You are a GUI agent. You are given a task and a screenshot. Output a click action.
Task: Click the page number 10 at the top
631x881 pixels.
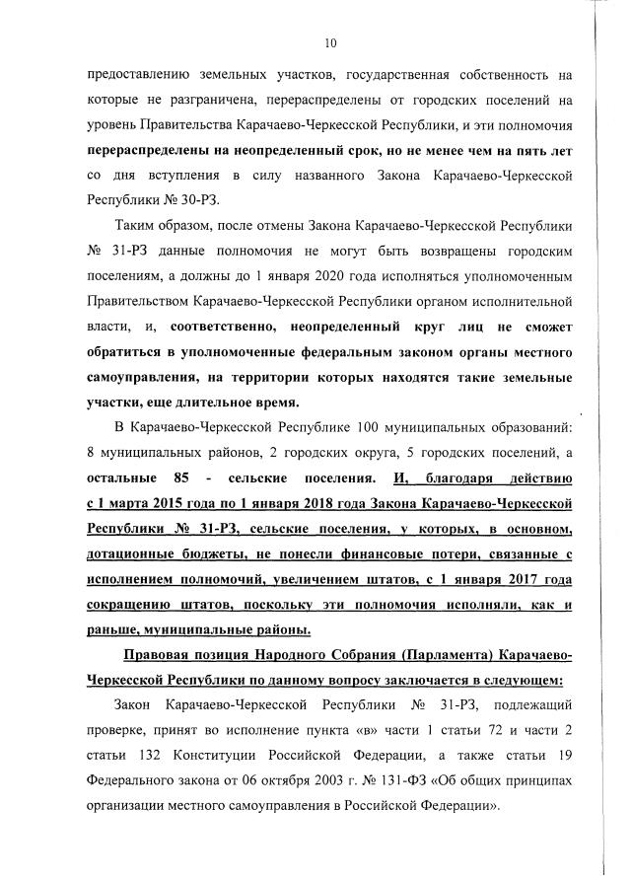click(x=330, y=42)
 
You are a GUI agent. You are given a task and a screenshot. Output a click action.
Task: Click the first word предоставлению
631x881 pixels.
click(x=143, y=73)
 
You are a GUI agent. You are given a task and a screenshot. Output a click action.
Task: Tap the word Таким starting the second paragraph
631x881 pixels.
click(x=139, y=226)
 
